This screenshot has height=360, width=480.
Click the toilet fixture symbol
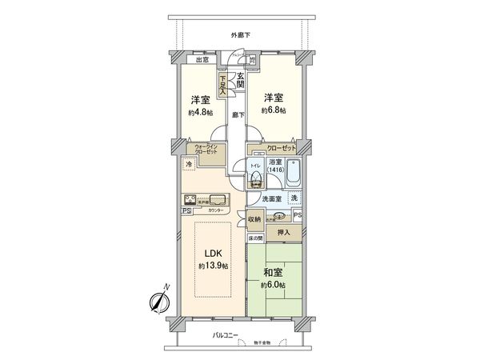[x=256, y=178]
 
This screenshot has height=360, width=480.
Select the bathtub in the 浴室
[x=294, y=174]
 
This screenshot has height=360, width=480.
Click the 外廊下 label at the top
[x=240, y=34]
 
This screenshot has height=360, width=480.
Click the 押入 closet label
[x=284, y=232]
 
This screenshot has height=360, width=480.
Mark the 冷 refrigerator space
[x=189, y=164]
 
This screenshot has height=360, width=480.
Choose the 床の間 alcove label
[x=254, y=239]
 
